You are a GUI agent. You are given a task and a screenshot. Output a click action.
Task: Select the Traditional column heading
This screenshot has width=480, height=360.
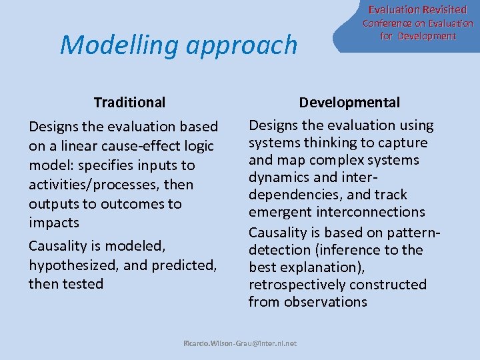(129, 102)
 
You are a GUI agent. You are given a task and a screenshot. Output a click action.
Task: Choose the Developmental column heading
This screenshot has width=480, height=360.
(349, 102)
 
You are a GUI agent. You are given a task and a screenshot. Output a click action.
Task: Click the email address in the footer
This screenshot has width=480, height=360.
(240, 344)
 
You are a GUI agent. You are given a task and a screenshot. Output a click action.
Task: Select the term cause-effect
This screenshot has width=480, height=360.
(138, 146)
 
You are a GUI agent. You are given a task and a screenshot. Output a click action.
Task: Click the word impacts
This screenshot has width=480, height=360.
(54, 223)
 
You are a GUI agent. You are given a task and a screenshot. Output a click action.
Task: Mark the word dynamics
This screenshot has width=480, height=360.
(277, 177)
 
